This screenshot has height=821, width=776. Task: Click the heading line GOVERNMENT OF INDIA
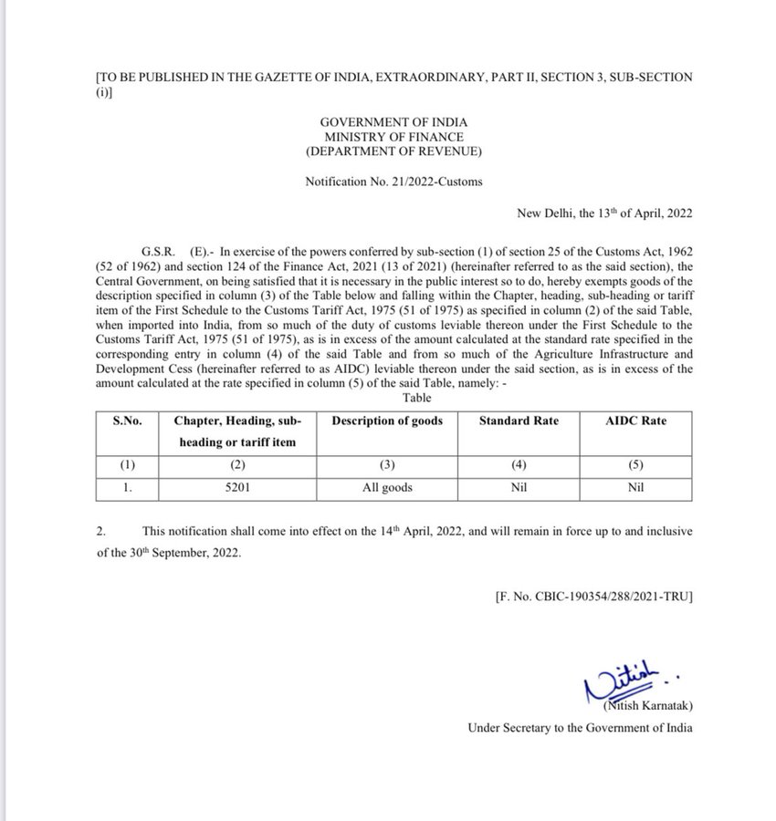[394, 120]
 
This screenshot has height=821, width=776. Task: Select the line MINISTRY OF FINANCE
[394, 136]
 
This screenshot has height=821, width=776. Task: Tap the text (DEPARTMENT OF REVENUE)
[394, 151]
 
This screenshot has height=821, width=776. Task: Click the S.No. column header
[128, 421]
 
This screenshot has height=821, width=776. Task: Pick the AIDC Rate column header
[636, 421]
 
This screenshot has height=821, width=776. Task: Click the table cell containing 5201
[237, 487]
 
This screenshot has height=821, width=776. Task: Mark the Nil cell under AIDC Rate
[636, 487]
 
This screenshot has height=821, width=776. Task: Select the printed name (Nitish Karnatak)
[647, 707]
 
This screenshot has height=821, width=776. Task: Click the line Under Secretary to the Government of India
[580, 728]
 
